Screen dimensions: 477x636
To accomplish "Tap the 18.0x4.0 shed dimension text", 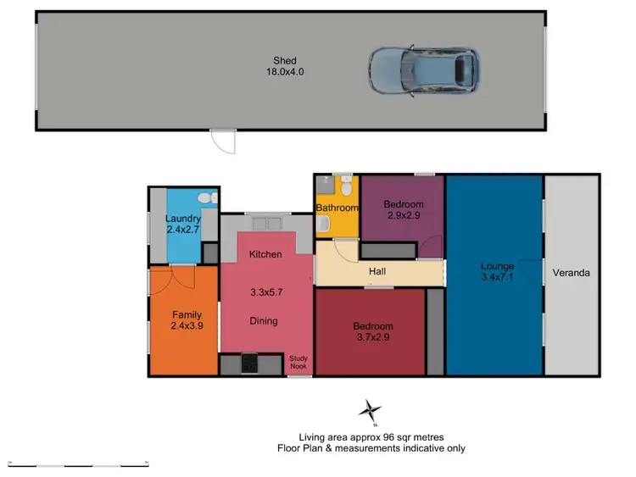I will click(284, 73).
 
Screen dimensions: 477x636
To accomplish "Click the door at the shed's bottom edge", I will click(223, 141).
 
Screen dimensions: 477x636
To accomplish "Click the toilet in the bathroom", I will click(345, 188).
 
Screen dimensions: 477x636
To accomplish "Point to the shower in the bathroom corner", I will click(323, 186).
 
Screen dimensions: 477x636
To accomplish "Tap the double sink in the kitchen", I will click(268, 224).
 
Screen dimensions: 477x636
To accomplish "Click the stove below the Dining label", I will click(251, 364).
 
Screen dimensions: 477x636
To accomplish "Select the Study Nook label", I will click(299, 362).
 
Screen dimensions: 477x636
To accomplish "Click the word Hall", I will click(377, 272).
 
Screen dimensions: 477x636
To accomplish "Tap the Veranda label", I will click(571, 274).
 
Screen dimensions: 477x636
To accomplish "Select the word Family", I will click(186, 315).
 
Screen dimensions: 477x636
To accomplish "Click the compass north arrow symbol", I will click(370, 412).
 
